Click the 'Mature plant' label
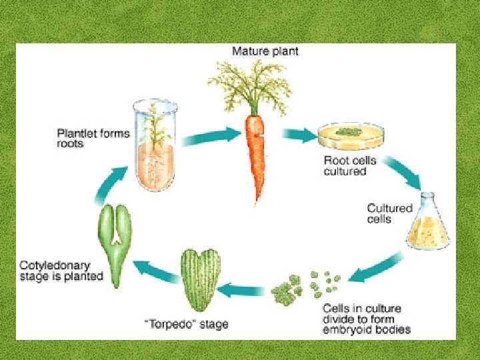point(265,51)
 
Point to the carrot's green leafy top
point(253,83)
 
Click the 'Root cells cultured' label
point(345,165)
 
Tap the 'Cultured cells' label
point(390,213)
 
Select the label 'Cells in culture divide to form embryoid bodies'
point(366,318)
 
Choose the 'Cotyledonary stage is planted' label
point(61,271)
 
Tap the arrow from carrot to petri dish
point(299,136)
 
